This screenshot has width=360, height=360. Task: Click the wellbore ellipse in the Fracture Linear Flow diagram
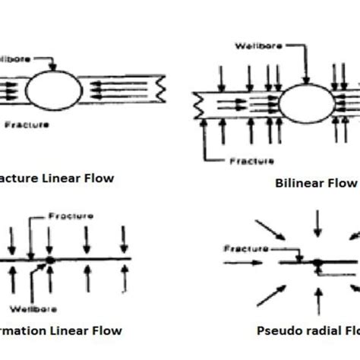tap(54, 90)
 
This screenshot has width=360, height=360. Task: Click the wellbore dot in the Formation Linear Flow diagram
tap(49, 260)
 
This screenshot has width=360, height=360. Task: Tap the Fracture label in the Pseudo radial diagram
tap(243, 248)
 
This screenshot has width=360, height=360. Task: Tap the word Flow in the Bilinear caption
tap(342, 184)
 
